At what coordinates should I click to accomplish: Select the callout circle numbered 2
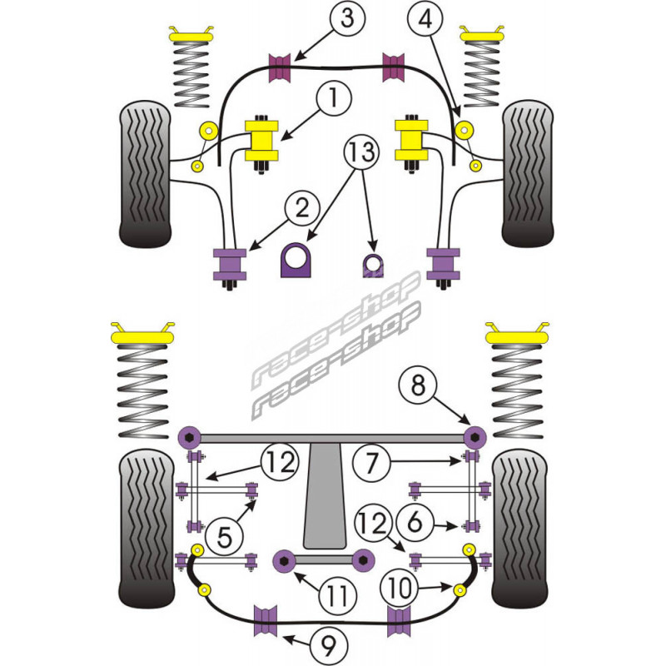(x=301, y=206)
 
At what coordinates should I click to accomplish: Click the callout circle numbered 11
(x=335, y=596)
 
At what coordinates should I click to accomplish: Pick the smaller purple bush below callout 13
(x=371, y=263)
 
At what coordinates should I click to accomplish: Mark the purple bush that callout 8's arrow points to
(x=475, y=435)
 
